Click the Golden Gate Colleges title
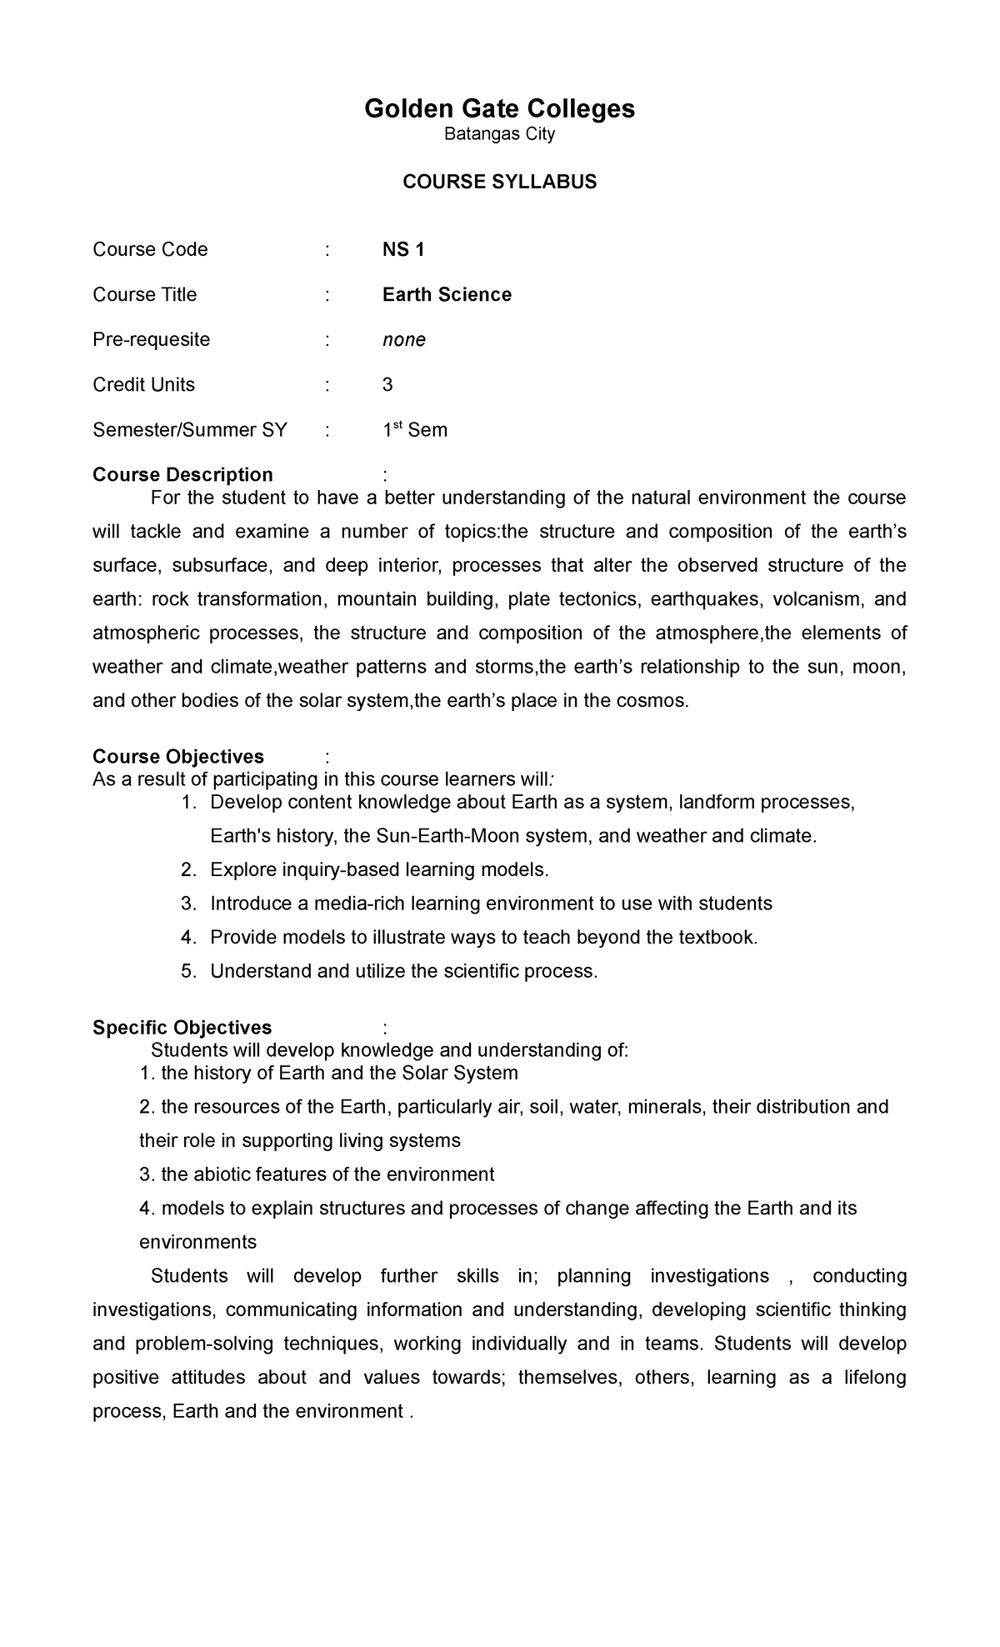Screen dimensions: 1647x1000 [x=499, y=108]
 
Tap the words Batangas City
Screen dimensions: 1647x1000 [x=499, y=134]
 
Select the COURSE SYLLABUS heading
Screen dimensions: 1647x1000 [x=499, y=183]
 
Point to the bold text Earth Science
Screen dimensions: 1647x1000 [x=447, y=295]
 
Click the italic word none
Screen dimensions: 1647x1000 [x=404, y=340]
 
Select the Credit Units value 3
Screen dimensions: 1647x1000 [x=387, y=385]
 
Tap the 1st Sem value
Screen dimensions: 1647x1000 [x=415, y=430]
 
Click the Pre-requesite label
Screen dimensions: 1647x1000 [x=151, y=340]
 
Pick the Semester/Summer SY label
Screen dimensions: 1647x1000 [x=190, y=430]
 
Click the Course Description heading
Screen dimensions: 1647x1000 [x=182, y=475]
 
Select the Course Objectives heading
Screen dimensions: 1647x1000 [x=178, y=757]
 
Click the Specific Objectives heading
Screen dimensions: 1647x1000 [x=182, y=1028]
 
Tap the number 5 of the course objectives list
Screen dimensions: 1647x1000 [x=187, y=972]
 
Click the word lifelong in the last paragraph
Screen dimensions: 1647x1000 [x=873, y=1378]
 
